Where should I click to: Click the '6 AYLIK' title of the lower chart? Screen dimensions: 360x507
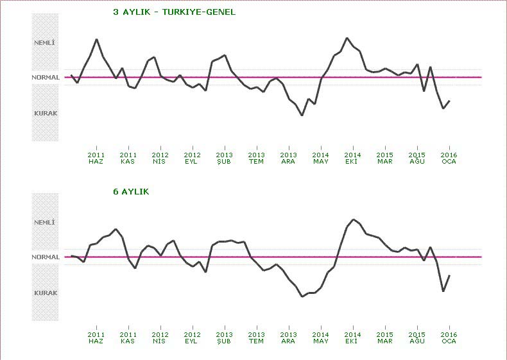[x=131, y=191]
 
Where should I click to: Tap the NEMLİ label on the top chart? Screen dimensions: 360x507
[x=45, y=42]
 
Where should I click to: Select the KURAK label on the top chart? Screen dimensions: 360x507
[x=46, y=113]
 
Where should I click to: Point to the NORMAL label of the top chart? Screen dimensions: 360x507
[x=46, y=78]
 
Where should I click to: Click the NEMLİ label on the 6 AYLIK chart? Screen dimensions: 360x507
[x=45, y=222]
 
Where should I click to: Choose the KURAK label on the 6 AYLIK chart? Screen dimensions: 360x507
[x=46, y=293]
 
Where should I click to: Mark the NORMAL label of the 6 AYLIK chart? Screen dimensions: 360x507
[x=46, y=257]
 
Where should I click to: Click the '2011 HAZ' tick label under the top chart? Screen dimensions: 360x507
[x=96, y=158]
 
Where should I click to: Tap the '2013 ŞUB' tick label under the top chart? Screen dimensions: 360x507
[x=224, y=158]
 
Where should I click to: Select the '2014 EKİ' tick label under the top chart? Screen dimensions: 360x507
[x=352, y=158]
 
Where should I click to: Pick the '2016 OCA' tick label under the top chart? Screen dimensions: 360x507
[x=449, y=158]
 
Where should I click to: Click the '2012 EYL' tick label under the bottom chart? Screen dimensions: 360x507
[x=192, y=338]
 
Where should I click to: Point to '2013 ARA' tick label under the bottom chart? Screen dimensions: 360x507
[x=288, y=338]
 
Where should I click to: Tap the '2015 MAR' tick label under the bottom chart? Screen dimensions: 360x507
[x=384, y=338]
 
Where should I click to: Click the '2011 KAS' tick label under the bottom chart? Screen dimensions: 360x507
[x=128, y=338]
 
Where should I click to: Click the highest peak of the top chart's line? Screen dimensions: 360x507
[x=347, y=38]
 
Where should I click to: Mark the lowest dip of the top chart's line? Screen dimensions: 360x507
[x=302, y=116]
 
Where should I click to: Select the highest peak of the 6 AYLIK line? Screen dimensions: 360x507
[x=353, y=219]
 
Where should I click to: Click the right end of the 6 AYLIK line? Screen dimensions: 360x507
[x=449, y=275]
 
